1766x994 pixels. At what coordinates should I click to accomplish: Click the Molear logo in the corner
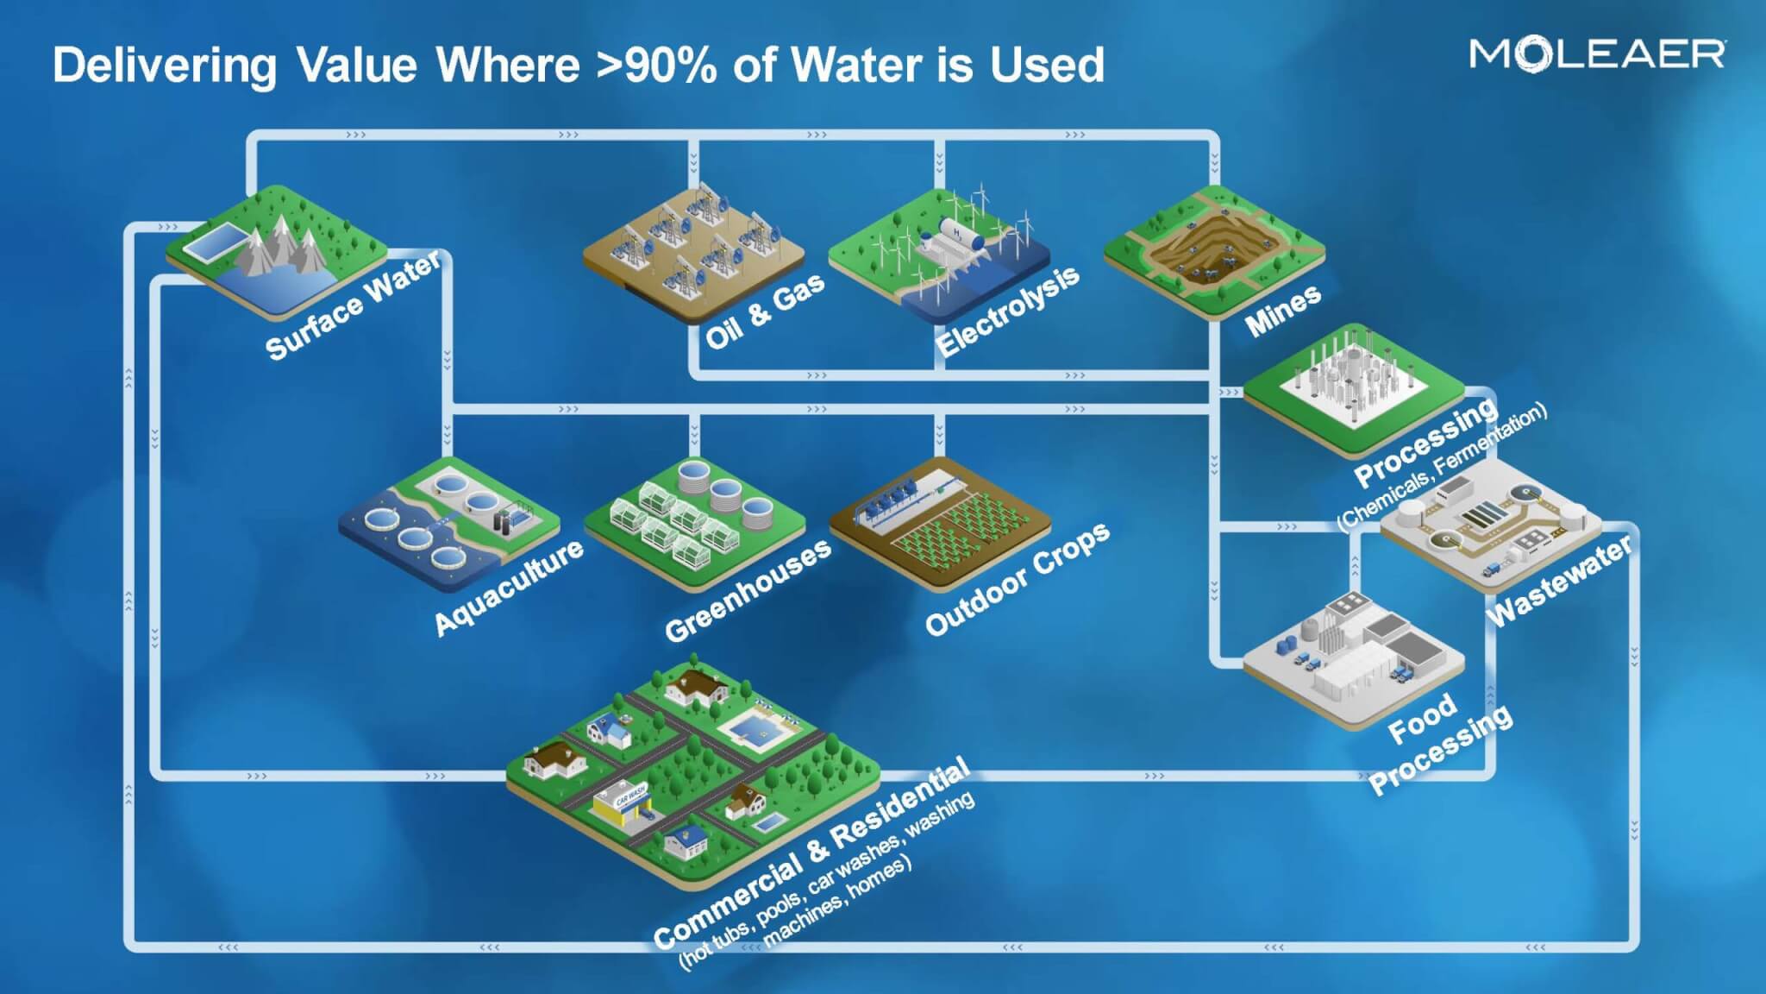[1597, 54]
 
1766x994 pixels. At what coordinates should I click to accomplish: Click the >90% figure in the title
[655, 65]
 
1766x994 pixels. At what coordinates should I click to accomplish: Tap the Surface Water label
[353, 306]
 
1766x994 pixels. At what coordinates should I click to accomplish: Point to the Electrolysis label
[1007, 311]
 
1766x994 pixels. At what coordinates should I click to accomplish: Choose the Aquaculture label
[508, 588]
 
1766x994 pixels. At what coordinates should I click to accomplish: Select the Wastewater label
[1560, 581]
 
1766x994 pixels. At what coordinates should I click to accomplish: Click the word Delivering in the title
[165, 66]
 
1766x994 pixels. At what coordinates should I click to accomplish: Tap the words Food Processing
[1439, 743]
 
